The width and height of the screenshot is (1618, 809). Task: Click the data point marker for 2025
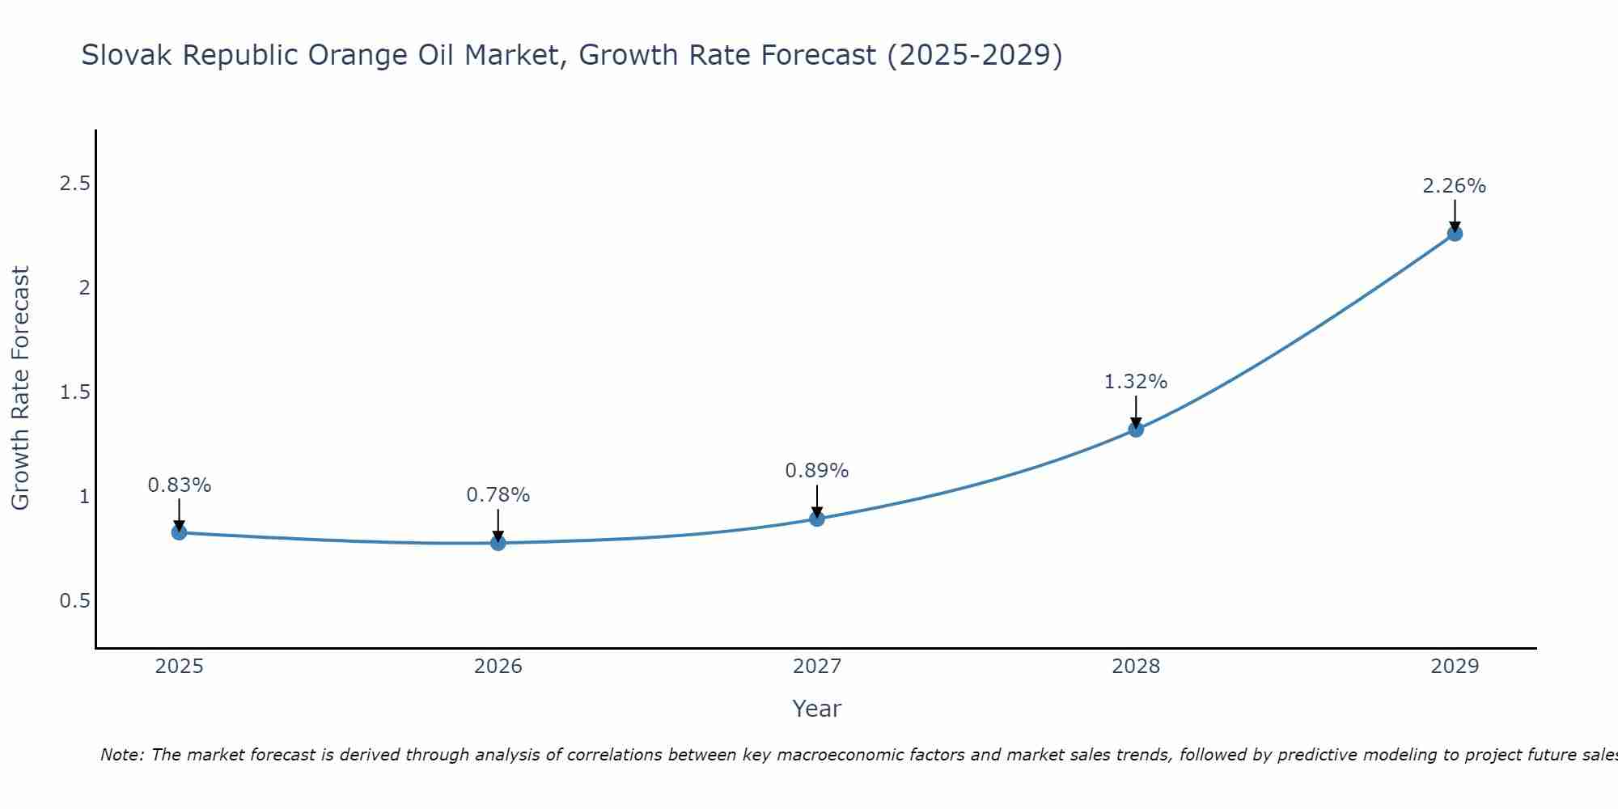click(x=179, y=532)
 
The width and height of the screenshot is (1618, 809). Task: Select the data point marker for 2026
click(x=498, y=543)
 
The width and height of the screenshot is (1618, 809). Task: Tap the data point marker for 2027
click(x=817, y=519)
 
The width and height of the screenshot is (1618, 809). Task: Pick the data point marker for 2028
click(x=1136, y=430)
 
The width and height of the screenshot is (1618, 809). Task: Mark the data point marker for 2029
click(x=1455, y=234)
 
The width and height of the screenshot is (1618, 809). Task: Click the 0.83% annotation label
click(x=179, y=485)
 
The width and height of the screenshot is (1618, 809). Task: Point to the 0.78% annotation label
click(x=498, y=495)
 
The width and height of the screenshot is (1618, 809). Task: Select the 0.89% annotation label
click(x=817, y=471)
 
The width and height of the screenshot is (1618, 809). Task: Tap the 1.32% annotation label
click(x=1136, y=382)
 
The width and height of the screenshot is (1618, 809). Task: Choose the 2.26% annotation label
click(x=1455, y=186)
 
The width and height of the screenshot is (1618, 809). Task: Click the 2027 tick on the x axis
click(x=817, y=667)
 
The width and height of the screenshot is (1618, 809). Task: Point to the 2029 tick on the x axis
click(x=1455, y=667)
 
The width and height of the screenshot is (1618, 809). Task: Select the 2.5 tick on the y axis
click(x=74, y=184)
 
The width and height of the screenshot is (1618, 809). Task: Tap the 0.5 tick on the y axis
click(x=74, y=601)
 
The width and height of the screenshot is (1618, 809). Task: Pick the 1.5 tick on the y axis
click(x=74, y=392)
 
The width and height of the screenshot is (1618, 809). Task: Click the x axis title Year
click(x=817, y=709)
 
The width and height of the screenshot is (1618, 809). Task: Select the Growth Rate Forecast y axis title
click(x=21, y=388)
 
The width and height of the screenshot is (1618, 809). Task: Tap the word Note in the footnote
click(x=121, y=755)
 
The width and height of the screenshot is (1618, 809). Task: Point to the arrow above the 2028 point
click(x=1136, y=411)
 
